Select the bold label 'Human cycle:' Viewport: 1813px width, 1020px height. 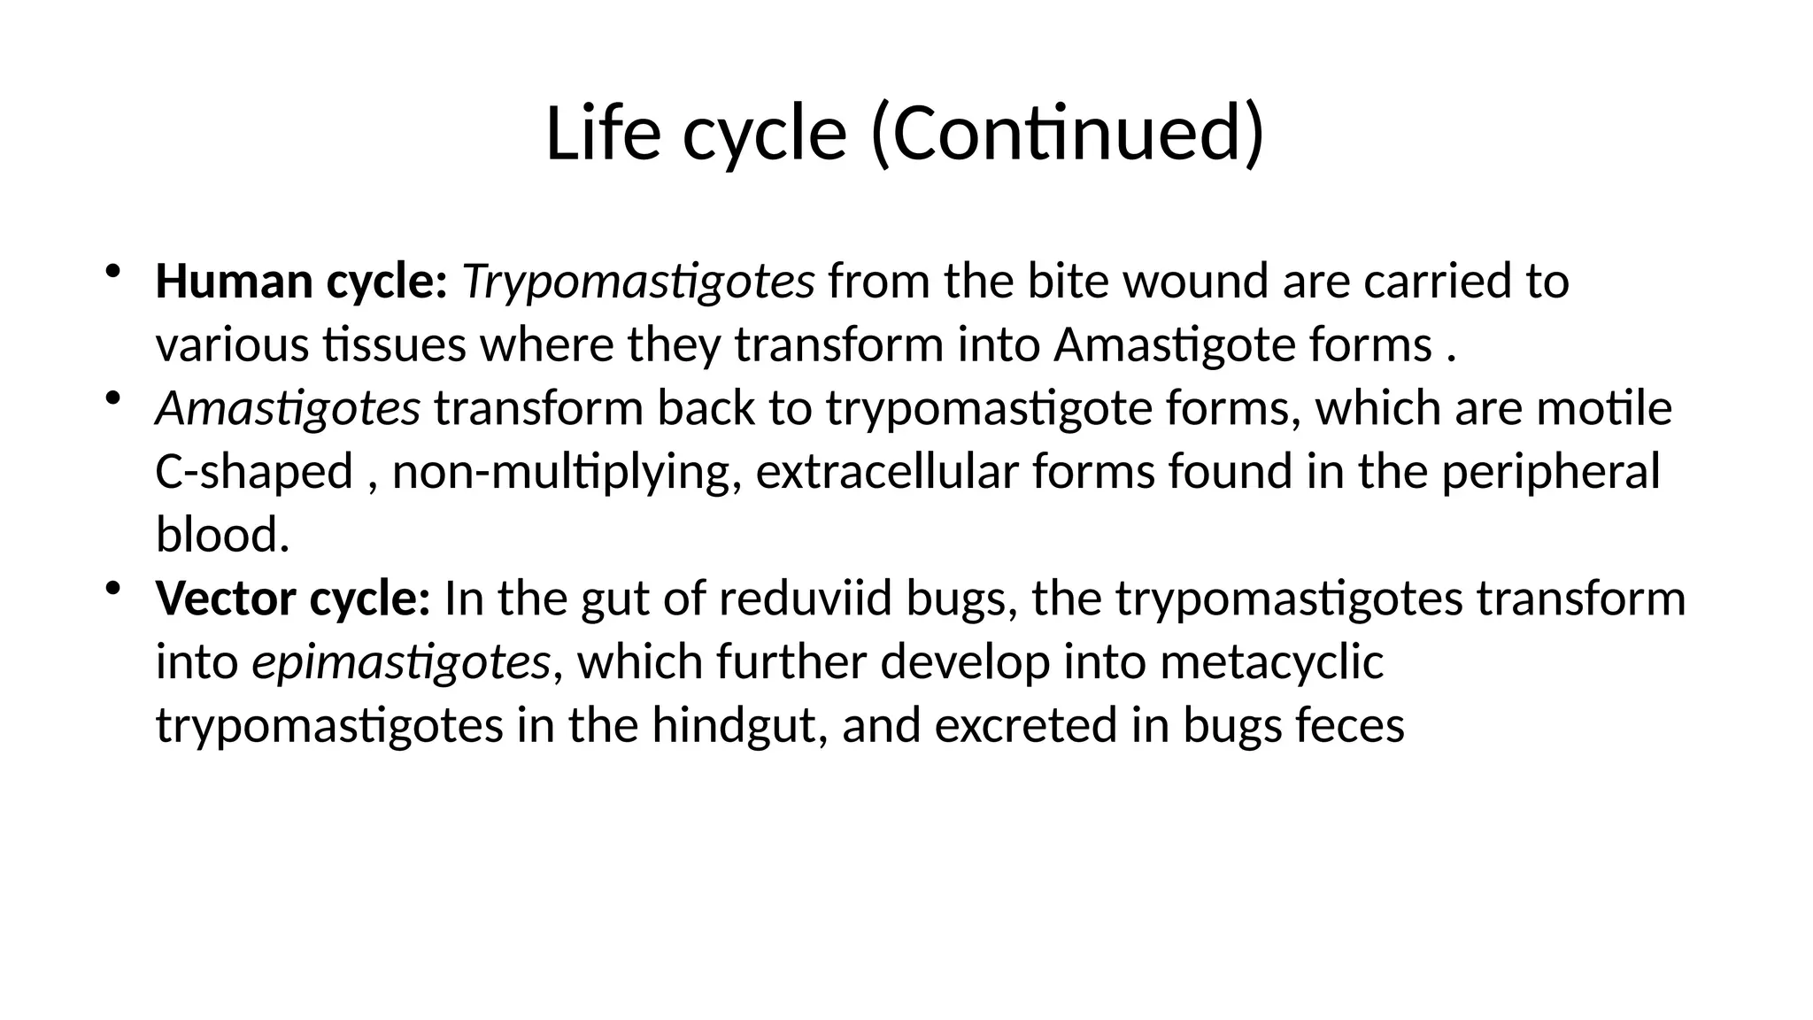click(301, 282)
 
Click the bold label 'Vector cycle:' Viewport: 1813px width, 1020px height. click(293, 599)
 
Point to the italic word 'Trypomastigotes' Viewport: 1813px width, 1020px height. click(637, 282)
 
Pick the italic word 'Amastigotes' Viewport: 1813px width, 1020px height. click(288, 409)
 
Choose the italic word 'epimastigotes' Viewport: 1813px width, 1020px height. click(401, 662)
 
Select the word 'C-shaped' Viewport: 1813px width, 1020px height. click(254, 472)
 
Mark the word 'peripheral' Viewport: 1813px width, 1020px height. click(1550, 472)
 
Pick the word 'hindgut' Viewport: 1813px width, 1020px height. click(739, 726)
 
